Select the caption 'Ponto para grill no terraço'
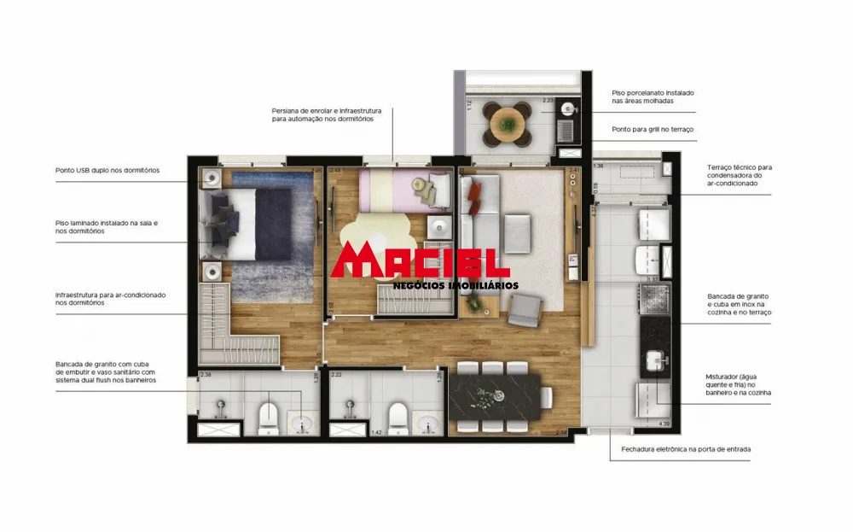(x=653, y=129)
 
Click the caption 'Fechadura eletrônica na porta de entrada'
(x=681, y=448)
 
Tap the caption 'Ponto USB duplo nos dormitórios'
(x=107, y=170)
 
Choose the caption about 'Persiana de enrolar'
(x=327, y=115)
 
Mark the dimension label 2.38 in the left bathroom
(x=205, y=374)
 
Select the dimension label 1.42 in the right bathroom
(x=376, y=433)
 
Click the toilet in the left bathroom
(x=269, y=416)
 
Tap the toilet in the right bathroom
(x=397, y=416)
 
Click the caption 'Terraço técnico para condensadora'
(x=739, y=175)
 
